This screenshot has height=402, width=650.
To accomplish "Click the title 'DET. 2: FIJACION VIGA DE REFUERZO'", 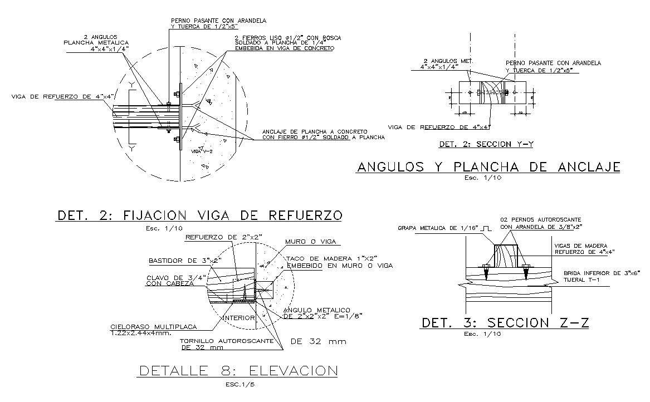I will tap(198, 215).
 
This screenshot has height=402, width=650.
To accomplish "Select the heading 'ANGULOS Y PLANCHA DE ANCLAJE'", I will tap(488, 167).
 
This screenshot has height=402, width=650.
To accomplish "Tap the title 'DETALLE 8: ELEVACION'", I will tap(238, 371).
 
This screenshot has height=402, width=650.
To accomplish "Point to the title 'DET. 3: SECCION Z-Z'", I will tap(505, 323).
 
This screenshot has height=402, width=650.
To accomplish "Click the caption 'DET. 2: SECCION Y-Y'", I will tap(486, 145).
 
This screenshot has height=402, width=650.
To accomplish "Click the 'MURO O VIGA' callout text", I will tap(312, 242).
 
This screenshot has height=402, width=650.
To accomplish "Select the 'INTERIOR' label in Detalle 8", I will tap(238, 318).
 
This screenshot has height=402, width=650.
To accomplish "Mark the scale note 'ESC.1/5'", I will tap(238, 384).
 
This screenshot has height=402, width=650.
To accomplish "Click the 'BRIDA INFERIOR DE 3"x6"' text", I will tap(602, 273).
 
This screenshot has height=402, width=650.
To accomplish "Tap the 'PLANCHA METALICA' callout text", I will tap(96, 42).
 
